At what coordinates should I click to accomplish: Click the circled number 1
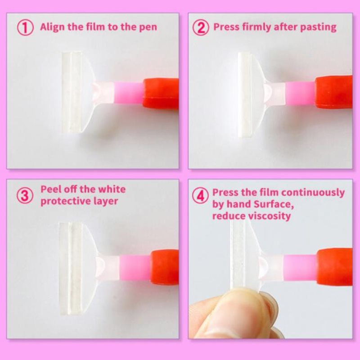pyautogui.click(x=25, y=27)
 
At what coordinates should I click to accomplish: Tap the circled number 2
pyautogui.click(x=201, y=27)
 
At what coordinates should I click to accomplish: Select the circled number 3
pyautogui.click(x=25, y=195)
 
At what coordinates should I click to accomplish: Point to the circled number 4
pyautogui.click(x=200, y=196)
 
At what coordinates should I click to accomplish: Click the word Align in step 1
pyautogui.click(x=52, y=27)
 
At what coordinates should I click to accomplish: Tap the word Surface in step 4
pyautogui.click(x=273, y=204)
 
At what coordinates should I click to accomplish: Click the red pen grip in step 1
pyautogui.click(x=161, y=94)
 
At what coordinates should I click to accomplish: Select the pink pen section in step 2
pyautogui.click(x=300, y=94)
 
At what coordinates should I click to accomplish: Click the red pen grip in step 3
pyautogui.click(x=165, y=267)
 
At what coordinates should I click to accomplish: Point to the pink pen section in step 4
pyautogui.click(x=300, y=267)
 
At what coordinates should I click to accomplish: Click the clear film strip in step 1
pyautogui.click(x=72, y=92)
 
